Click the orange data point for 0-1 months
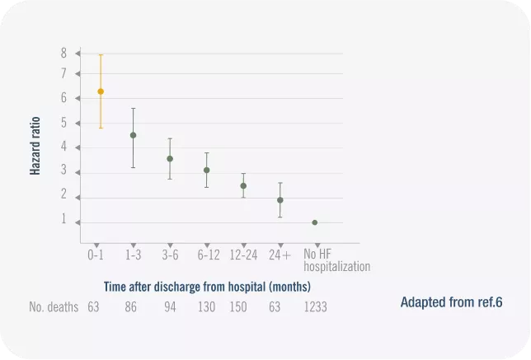pyautogui.click(x=101, y=91)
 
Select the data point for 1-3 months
pyautogui.click(x=134, y=135)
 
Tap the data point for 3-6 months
pyautogui.click(x=170, y=159)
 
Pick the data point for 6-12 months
pyautogui.click(x=207, y=171)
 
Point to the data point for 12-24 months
pyautogui.click(x=243, y=186)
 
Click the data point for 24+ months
pyautogui.click(x=280, y=200)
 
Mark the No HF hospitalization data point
pyautogui.click(x=315, y=222)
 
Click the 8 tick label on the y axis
pyautogui.click(x=63, y=53)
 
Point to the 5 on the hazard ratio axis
pyautogui.click(x=63, y=124)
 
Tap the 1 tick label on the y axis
pyautogui.click(x=63, y=220)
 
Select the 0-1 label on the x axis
pyautogui.click(x=96, y=255)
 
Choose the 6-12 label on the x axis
pyautogui.click(x=209, y=255)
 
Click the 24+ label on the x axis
pyautogui.click(x=280, y=255)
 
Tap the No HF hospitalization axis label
pyautogui.click(x=336, y=260)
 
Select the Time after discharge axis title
pyautogui.click(x=207, y=287)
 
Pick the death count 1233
pyautogui.click(x=316, y=307)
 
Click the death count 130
pyautogui.click(x=206, y=307)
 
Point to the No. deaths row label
pyautogui.click(x=54, y=307)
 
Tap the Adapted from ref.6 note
pyautogui.click(x=451, y=302)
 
